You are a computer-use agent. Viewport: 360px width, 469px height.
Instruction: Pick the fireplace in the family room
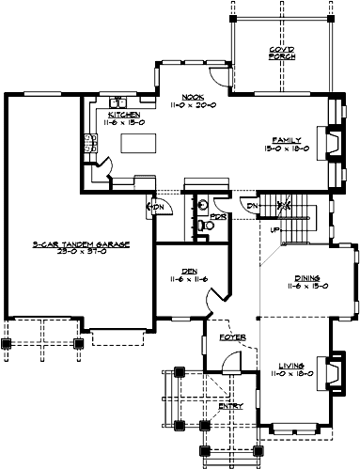(331, 141)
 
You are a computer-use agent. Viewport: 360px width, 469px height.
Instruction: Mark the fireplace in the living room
(331, 369)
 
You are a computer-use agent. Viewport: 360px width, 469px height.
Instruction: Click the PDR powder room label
(217, 215)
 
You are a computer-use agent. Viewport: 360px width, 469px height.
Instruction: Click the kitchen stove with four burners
(93, 144)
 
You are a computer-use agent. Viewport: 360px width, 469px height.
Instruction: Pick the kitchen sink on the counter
(117, 102)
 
